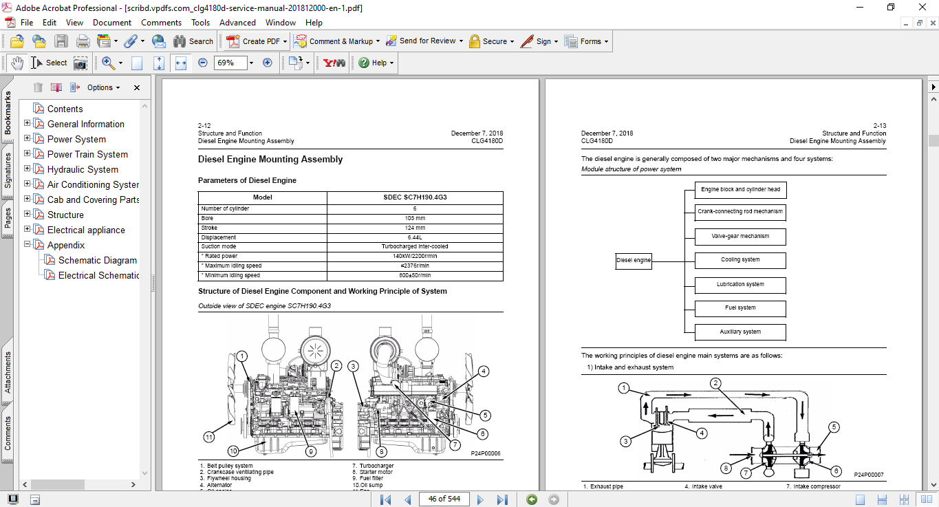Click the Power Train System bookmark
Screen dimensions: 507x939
tap(87, 154)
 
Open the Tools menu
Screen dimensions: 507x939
tap(200, 23)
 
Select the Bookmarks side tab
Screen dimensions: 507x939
tap(8, 114)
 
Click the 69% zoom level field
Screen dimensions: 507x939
tap(228, 63)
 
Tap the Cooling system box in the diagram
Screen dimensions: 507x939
tap(740, 260)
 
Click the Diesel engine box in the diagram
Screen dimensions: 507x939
tap(634, 261)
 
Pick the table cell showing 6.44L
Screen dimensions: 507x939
tap(414, 237)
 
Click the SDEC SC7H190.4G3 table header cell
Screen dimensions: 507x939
tap(414, 197)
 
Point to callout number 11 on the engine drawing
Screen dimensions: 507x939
tap(209, 436)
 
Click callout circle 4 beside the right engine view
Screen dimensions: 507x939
tap(484, 371)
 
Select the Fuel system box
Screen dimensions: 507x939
tap(740, 308)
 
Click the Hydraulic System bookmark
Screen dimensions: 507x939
tap(83, 169)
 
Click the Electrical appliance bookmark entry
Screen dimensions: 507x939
tap(86, 230)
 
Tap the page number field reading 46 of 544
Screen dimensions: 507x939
tap(444, 499)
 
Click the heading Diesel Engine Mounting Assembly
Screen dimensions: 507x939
tap(270, 160)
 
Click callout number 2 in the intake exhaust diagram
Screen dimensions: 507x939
tap(715, 382)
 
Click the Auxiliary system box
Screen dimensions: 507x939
tap(740, 332)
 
